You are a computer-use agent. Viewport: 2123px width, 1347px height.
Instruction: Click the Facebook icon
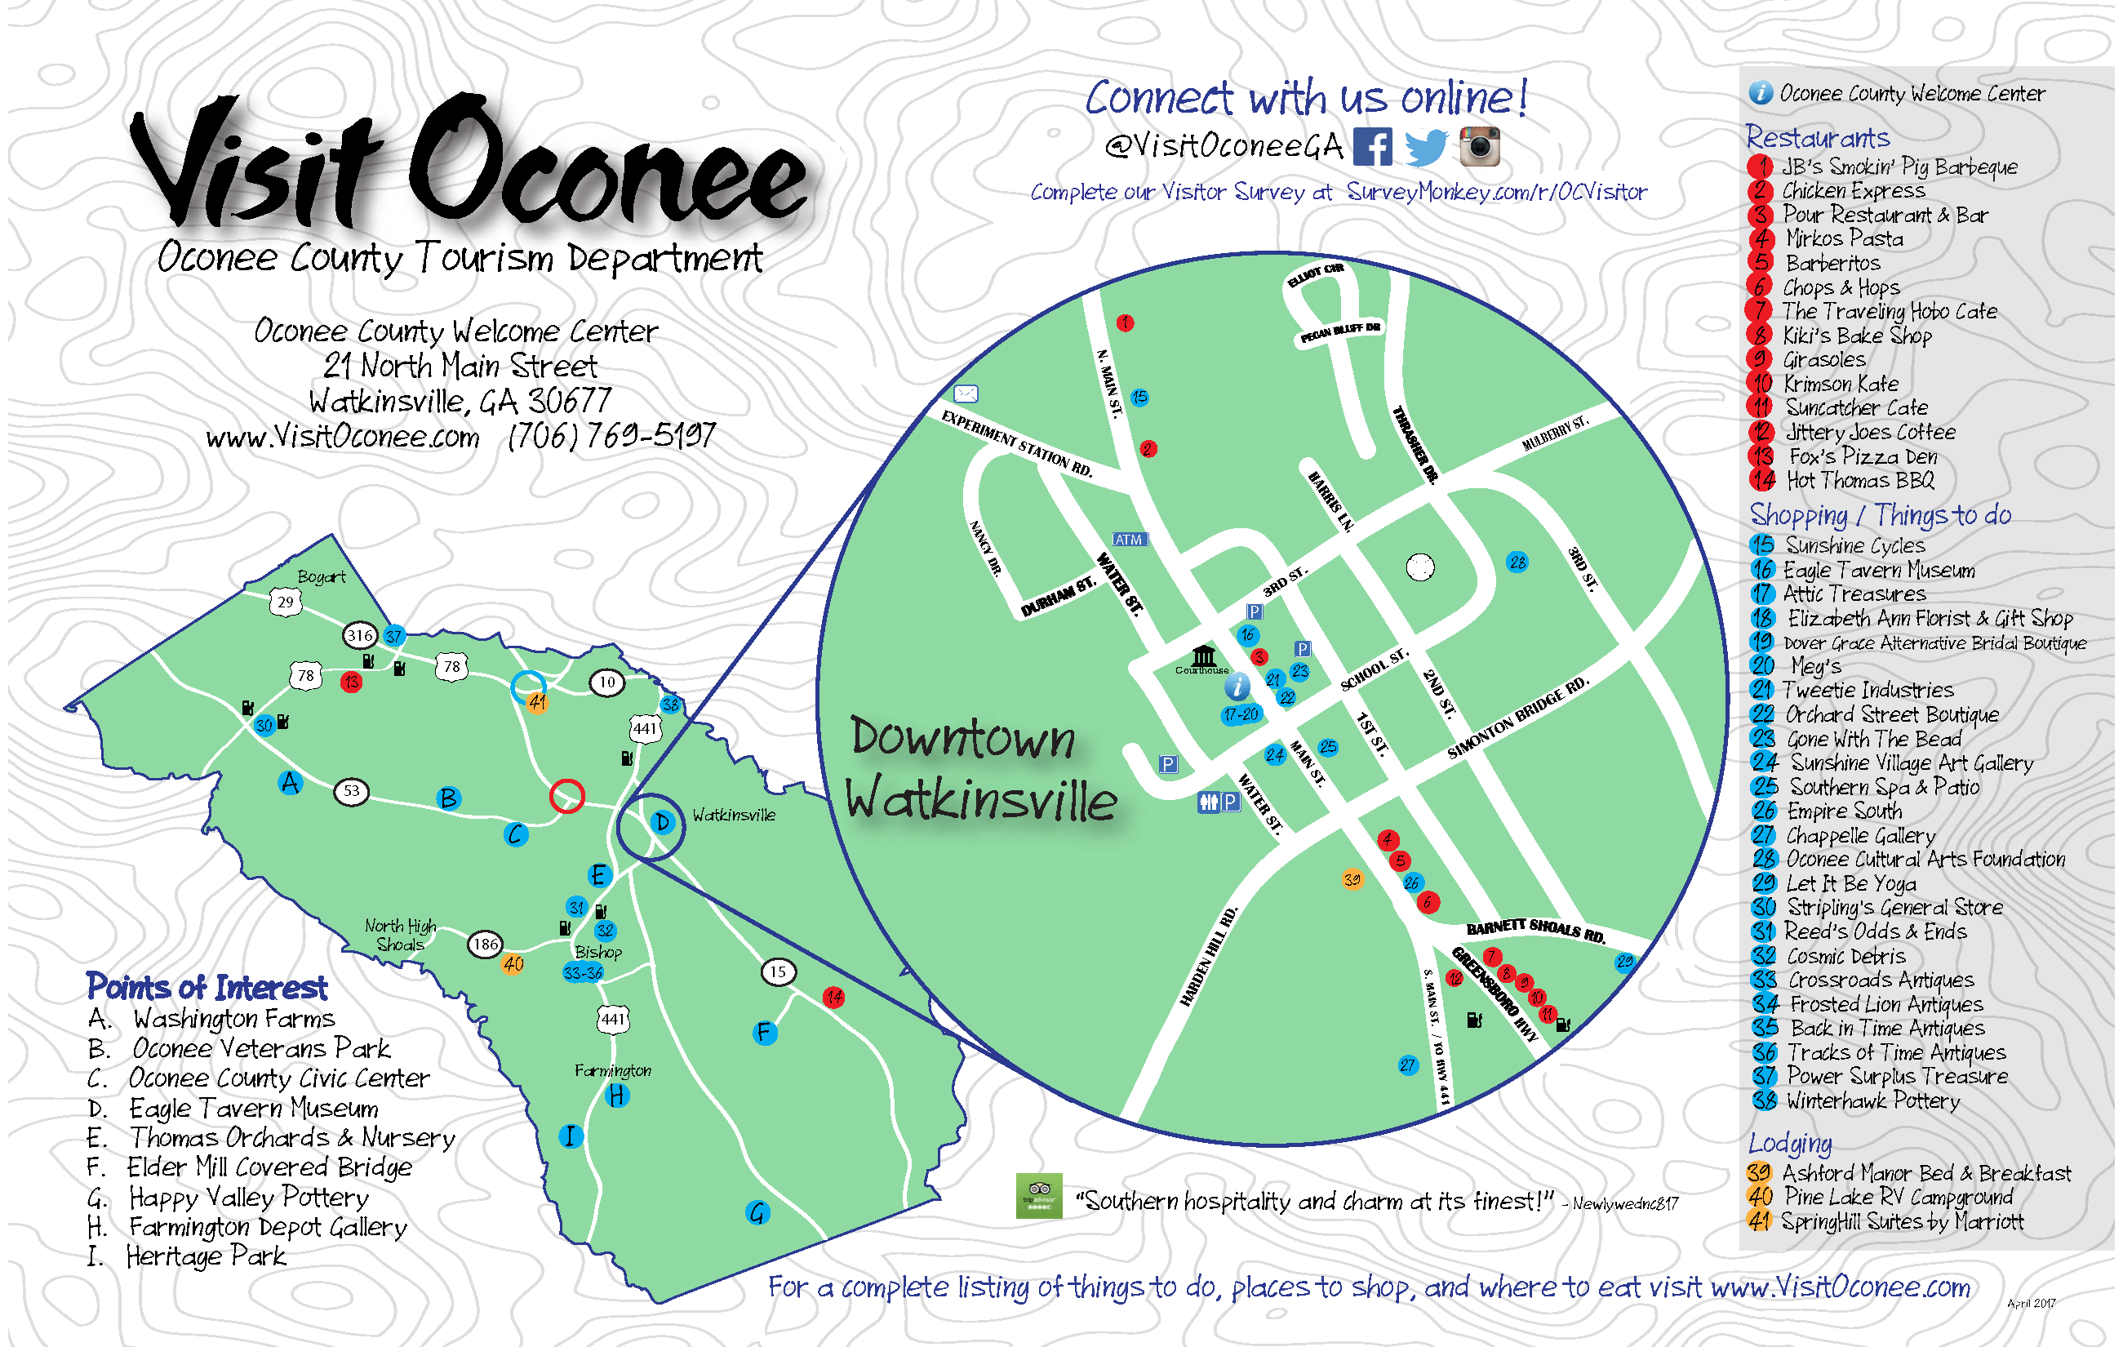coord(1373,146)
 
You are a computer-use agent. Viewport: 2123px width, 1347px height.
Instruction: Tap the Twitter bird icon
coord(1426,147)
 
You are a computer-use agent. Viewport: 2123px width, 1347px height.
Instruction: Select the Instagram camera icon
coord(1479,146)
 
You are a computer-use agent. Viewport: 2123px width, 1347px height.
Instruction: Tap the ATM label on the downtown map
coord(1129,540)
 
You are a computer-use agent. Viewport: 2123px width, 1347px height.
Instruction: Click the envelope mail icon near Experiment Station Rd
coord(966,393)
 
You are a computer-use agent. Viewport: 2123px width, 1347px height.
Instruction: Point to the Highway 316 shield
coord(360,634)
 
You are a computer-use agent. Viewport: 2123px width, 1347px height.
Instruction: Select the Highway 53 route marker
coord(351,791)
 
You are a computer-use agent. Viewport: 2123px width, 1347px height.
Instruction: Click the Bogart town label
coord(321,576)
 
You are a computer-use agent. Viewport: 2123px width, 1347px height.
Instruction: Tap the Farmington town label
coord(613,1070)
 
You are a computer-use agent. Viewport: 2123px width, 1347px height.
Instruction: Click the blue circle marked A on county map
coord(290,782)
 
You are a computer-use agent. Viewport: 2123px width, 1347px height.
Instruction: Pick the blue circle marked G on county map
coord(757,1213)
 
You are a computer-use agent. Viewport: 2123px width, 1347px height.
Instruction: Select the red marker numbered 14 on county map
coord(833,997)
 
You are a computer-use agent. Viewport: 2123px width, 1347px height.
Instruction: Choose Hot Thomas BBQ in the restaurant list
coord(1859,481)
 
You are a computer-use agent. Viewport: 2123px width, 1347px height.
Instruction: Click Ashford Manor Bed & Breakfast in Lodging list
coord(1926,1173)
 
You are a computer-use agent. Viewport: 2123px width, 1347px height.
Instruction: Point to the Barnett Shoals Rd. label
coord(1535,929)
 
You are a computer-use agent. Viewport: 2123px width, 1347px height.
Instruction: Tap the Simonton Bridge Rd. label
coord(1517,718)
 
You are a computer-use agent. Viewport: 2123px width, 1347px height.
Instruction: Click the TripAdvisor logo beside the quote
coord(1038,1195)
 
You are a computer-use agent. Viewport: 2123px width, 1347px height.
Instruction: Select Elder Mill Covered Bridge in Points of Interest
coord(269,1167)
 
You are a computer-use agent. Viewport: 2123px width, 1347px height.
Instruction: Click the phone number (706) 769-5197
coord(611,435)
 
